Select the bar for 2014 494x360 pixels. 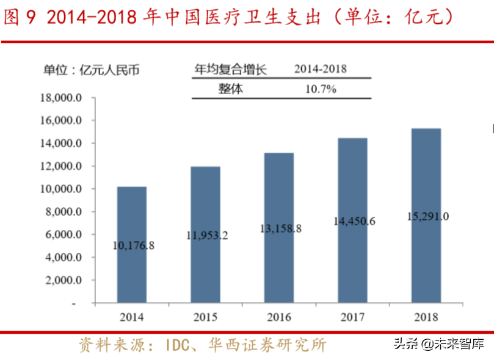(132, 244)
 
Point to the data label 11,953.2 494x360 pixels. (205, 235)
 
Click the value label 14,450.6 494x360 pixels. (353, 221)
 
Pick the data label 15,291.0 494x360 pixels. (426, 216)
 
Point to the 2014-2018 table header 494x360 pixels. (320, 69)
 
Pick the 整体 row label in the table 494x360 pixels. (230, 89)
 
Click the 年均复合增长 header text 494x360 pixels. (230, 69)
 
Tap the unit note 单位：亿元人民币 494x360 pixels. (91, 70)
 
